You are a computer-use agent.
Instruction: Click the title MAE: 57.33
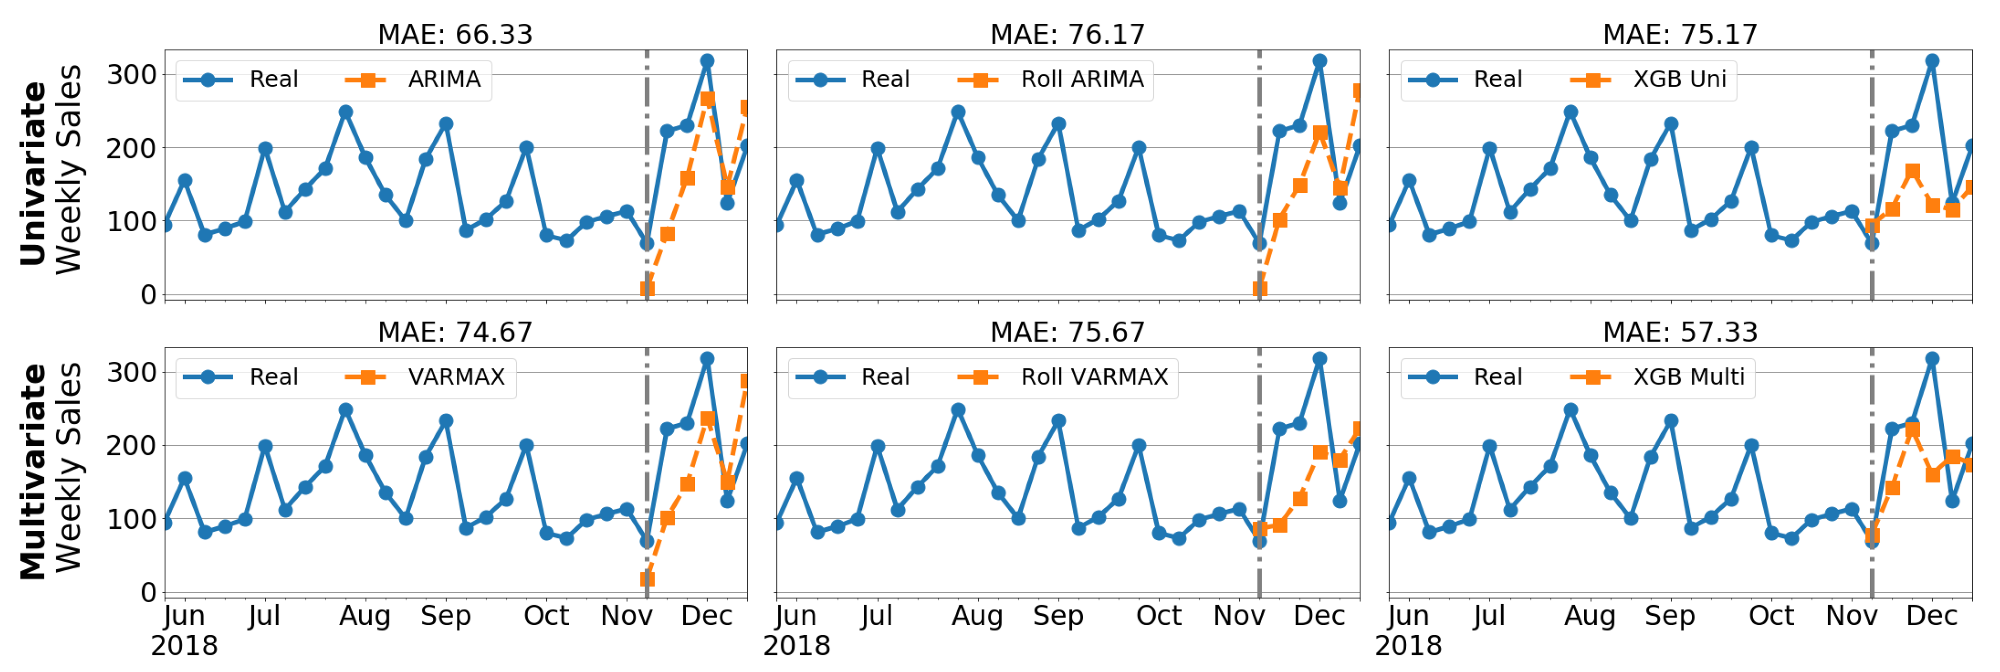point(1680,332)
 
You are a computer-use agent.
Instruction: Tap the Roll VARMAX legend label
point(1094,377)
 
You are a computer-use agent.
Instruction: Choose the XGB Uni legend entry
point(1679,79)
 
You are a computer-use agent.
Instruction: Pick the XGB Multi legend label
point(1688,377)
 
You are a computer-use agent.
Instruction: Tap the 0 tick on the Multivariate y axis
point(148,593)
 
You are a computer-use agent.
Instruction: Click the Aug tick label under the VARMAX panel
point(365,616)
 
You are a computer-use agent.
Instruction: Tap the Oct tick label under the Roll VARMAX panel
point(1158,616)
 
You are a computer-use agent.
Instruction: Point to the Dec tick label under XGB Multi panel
point(1932,616)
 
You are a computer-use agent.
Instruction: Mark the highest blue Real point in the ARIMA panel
point(707,61)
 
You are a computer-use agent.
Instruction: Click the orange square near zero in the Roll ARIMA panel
point(1260,289)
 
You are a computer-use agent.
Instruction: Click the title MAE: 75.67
point(1068,332)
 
